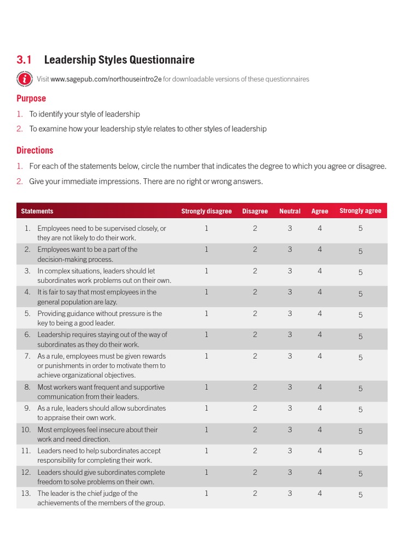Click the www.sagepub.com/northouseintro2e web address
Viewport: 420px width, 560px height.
coord(106,79)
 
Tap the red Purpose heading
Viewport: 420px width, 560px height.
coord(31,98)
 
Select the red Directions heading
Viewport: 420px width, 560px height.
coord(35,150)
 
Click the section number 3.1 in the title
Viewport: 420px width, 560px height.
coord(25,60)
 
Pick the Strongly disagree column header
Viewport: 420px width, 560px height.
coord(207,211)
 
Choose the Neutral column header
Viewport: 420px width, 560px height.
coord(290,211)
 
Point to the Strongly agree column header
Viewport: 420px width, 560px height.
coord(360,211)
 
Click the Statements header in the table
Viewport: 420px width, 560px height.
coord(37,211)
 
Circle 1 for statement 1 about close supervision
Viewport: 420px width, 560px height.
coord(207,228)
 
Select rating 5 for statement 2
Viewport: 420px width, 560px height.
coord(360,252)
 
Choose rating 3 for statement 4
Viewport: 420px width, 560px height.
coord(290,292)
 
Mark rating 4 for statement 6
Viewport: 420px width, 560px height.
coord(320,335)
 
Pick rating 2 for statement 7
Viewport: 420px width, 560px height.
coord(255,356)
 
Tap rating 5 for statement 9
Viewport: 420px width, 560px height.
coord(360,410)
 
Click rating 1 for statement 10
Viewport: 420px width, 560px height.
coord(207,430)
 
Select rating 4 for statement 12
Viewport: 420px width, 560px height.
coord(320,472)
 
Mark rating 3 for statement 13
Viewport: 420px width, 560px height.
coord(290,493)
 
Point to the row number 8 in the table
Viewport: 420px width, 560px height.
coord(27,387)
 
